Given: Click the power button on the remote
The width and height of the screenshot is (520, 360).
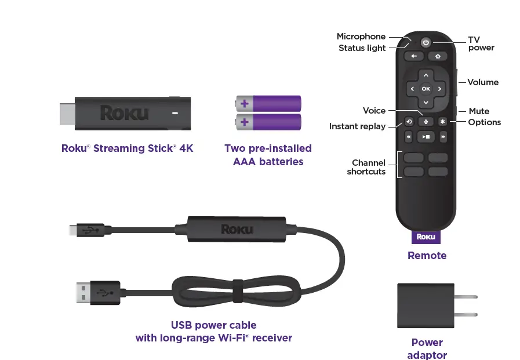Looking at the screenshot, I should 426,42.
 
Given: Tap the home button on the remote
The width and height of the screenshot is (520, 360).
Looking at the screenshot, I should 438,56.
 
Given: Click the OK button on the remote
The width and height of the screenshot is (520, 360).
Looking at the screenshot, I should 426,89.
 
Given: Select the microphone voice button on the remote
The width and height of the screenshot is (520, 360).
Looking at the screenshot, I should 426,122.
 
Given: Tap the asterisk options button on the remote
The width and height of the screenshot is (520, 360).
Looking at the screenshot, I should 442,122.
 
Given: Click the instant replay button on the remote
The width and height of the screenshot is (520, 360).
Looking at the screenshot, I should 409,122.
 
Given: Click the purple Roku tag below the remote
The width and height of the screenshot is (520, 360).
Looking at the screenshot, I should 426,237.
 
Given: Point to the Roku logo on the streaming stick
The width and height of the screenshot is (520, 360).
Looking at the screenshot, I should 124,112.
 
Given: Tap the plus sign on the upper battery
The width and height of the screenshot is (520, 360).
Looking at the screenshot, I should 245,104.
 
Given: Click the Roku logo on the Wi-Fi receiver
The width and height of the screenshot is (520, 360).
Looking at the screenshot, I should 237,229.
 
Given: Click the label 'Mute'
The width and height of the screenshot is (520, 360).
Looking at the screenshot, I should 479,111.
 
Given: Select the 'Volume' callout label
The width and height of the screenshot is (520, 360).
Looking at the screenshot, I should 483,82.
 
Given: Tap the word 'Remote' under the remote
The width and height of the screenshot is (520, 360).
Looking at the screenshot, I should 427,255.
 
